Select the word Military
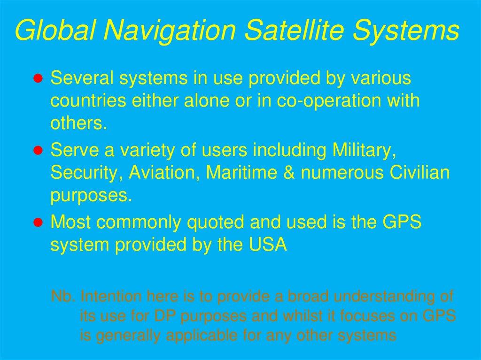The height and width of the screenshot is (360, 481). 362,151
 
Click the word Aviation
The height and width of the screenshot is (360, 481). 164,173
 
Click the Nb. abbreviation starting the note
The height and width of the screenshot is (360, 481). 63,297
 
